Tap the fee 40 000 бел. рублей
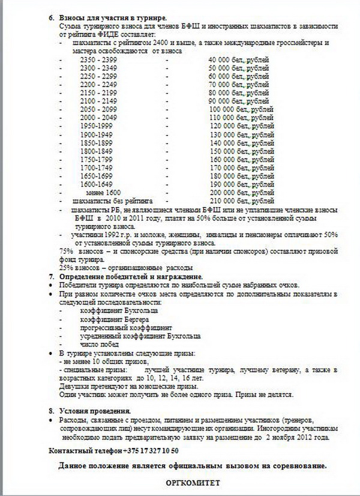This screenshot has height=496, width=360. tap(238, 59)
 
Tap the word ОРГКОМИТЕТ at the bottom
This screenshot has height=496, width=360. tap(193, 482)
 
